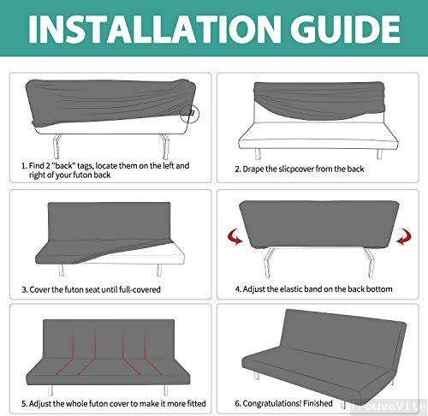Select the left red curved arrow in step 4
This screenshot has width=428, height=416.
[230, 235]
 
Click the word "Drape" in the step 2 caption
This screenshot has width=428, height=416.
[256, 169]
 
